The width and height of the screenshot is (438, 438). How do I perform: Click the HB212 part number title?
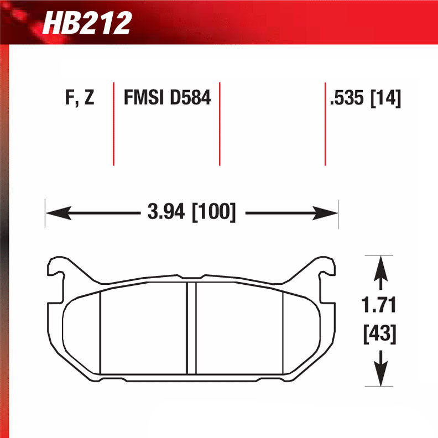(x=87, y=23)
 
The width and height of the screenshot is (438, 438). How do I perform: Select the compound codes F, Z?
(x=79, y=99)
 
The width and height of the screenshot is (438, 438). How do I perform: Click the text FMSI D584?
(x=167, y=99)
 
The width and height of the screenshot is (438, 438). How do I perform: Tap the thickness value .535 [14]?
(x=365, y=99)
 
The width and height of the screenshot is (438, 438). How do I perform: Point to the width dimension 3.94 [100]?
(x=191, y=212)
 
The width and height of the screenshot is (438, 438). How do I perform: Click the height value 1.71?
(x=379, y=304)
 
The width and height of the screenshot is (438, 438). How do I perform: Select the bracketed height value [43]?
(x=379, y=333)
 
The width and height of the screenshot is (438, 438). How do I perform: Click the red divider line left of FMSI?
(x=113, y=124)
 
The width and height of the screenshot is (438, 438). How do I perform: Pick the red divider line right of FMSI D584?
(x=220, y=124)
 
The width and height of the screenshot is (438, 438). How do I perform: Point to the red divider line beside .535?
(x=325, y=124)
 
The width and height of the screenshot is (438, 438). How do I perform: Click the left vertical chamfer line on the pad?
(x=100, y=332)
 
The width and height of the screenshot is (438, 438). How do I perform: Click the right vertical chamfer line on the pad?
(x=283, y=332)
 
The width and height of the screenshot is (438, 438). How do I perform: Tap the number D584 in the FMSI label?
(x=190, y=99)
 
